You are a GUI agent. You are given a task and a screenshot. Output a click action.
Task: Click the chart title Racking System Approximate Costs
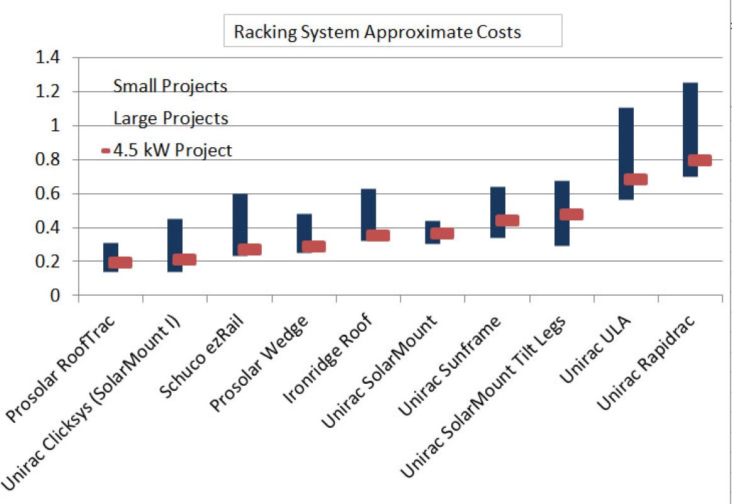pos(377,32)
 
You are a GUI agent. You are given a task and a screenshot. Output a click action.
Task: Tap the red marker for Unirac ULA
pos(635,179)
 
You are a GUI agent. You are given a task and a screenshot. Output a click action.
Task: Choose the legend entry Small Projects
pos(170,86)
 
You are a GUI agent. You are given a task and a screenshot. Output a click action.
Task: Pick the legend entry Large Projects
pos(171,118)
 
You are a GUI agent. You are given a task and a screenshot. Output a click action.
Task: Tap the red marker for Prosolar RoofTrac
pos(120,262)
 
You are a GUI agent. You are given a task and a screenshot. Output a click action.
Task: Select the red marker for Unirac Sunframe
pos(507,220)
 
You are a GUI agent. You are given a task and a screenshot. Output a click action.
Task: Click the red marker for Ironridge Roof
pos(378,235)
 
